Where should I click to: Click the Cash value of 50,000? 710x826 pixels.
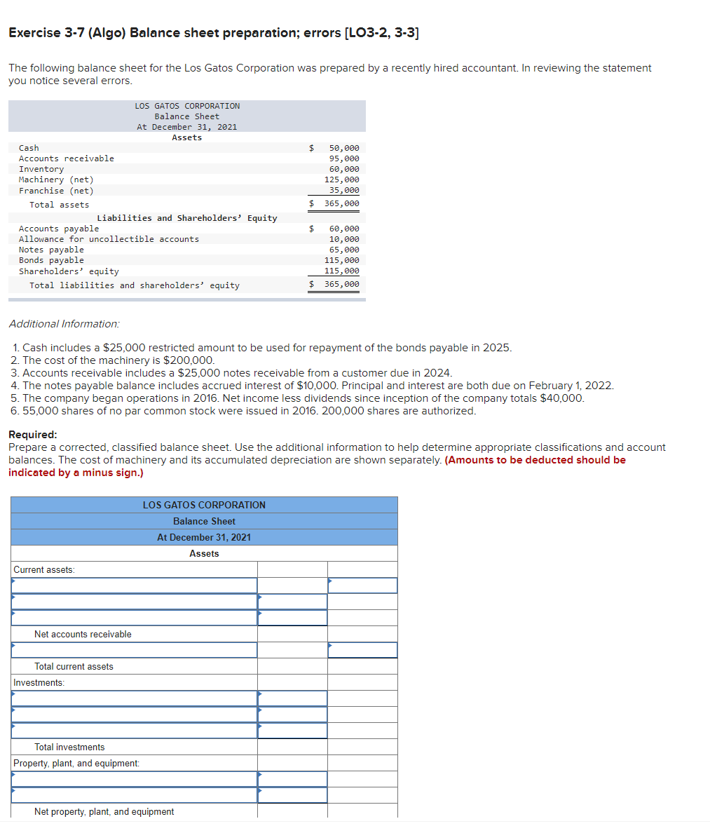point(343,148)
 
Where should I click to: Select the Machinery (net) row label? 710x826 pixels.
point(56,180)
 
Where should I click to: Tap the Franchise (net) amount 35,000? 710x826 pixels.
point(343,190)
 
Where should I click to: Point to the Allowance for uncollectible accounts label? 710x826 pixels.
point(109,239)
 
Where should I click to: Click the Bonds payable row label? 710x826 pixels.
point(51,260)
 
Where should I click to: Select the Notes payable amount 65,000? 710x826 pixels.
point(343,250)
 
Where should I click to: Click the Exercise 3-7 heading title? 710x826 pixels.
point(214,33)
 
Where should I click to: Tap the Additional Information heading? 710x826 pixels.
point(64,324)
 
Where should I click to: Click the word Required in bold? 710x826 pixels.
point(32,435)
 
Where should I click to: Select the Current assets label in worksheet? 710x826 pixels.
point(44,570)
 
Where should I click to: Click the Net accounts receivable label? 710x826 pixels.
point(83,635)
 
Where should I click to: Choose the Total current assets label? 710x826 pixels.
point(74,667)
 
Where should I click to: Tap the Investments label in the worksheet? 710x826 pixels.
point(39,683)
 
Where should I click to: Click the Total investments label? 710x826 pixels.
point(69,747)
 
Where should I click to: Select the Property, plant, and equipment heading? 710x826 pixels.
point(76,764)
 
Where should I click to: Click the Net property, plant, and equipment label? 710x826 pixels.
point(104,812)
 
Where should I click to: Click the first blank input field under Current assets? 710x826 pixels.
point(134,585)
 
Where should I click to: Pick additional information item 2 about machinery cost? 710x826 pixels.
point(113,360)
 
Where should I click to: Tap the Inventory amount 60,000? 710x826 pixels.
point(343,169)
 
